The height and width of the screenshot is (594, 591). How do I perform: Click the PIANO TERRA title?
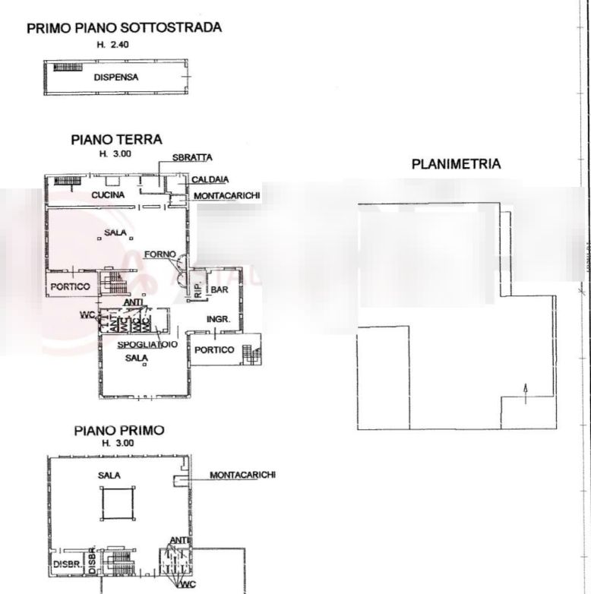point(116,140)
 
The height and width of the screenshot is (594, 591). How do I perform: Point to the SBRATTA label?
point(191,157)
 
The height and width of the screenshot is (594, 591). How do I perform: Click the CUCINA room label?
point(108,196)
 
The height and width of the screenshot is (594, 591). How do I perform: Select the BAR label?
point(220,290)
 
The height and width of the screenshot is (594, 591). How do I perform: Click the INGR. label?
point(213,319)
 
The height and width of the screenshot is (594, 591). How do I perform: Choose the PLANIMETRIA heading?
point(455,163)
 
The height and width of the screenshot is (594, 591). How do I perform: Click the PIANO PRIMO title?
point(119,431)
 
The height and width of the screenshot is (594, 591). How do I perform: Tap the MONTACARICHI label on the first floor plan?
point(243,476)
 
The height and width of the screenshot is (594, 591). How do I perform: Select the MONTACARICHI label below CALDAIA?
point(227,196)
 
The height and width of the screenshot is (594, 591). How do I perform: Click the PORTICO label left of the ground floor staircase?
point(70,286)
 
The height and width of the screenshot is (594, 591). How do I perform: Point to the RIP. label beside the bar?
point(197,290)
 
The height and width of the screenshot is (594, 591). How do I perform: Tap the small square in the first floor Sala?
point(116,503)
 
